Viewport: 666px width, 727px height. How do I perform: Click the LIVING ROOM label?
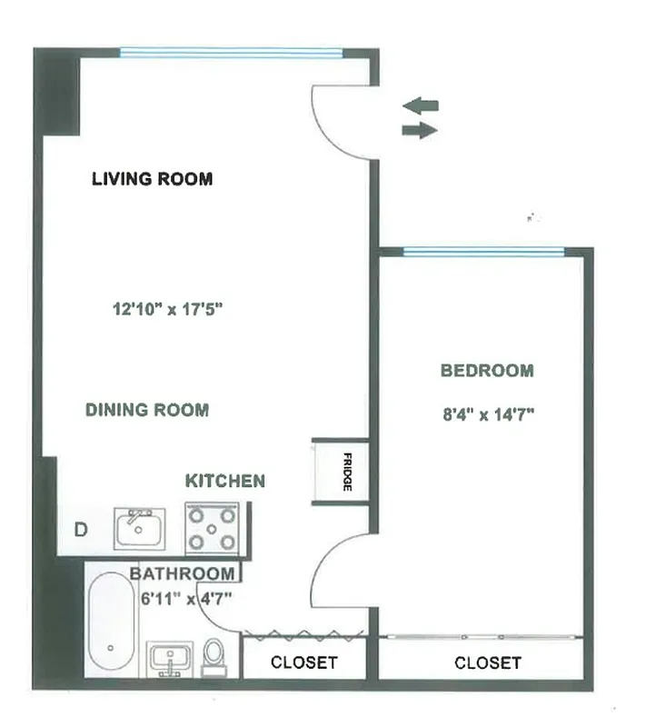coord(152,178)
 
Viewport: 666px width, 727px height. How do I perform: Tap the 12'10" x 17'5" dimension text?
coord(167,309)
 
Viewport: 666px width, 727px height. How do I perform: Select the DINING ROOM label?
coord(147,410)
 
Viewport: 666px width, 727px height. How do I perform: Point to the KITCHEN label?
coord(225,481)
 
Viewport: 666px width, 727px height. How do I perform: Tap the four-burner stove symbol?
coord(212,528)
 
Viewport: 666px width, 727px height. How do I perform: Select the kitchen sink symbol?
coord(139,528)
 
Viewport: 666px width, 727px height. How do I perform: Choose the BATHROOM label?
coord(182,573)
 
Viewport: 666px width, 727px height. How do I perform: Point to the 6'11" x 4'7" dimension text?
coord(186,598)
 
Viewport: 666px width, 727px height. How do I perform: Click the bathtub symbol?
coord(113,624)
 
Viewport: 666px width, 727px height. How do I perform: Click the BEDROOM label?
coord(487,371)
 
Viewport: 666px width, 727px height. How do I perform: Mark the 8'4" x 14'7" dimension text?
coord(486,414)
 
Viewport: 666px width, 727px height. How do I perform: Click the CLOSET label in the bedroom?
coord(488,662)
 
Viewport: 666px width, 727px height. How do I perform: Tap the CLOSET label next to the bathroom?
coord(303,662)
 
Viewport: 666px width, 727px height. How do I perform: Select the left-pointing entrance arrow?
coord(421,105)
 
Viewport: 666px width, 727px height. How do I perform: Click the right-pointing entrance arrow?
coord(419,131)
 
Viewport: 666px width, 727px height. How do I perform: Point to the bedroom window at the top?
coord(483,252)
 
